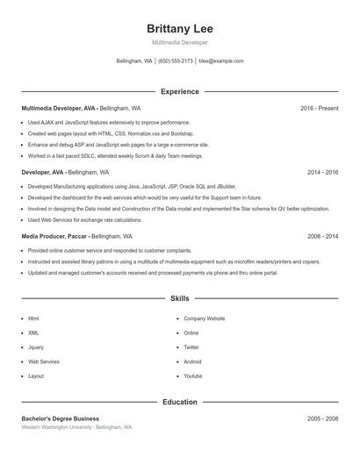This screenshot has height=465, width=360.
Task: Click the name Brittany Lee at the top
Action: pyautogui.click(x=180, y=28)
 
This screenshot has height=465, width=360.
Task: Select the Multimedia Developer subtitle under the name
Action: pyautogui.click(x=180, y=43)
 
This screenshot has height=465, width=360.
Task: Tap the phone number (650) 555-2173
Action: pyautogui.click(x=176, y=61)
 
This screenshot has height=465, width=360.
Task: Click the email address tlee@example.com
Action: pyautogui.click(x=221, y=61)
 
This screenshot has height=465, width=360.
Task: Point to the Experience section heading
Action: pyautogui.click(x=180, y=91)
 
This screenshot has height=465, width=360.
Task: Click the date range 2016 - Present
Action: pyautogui.click(x=319, y=108)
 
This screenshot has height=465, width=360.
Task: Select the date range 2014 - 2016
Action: pyautogui.click(x=322, y=173)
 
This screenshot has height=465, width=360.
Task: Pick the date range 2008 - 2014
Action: pyautogui.click(x=322, y=237)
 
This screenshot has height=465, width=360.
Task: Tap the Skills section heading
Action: pyautogui.click(x=180, y=299)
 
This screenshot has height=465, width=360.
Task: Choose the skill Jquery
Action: pyautogui.click(x=36, y=347)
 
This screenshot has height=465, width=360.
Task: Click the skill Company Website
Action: pyautogui.click(x=204, y=318)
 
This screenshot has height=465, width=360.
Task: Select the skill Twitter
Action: pyautogui.click(x=191, y=347)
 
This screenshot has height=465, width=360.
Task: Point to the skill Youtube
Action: pyautogui.click(x=192, y=376)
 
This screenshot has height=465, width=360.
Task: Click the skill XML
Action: pyautogui.click(x=33, y=333)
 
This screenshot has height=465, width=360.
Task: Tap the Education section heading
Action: pyautogui.click(x=180, y=402)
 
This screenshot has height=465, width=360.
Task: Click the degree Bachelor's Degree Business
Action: pyautogui.click(x=61, y=418)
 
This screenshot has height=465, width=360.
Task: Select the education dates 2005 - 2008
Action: pyautogui.click(x=322, y=418)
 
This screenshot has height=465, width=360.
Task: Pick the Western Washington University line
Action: pyautogui.click(x=76, y=427)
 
